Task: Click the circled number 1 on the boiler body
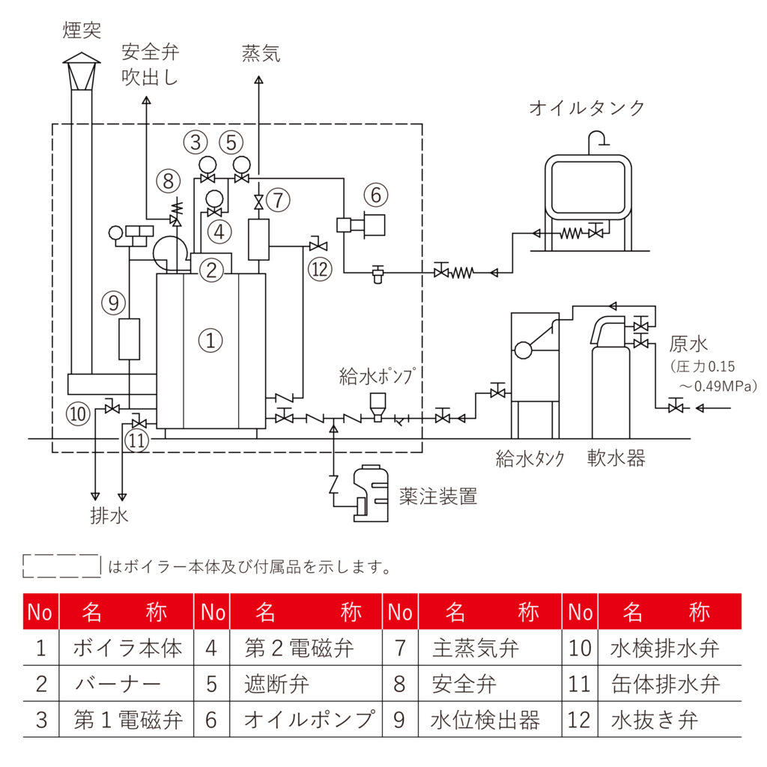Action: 210,340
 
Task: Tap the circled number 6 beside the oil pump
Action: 376,194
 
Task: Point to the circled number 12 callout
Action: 320,268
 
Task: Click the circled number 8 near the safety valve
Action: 169,180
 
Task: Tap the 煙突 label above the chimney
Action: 82,31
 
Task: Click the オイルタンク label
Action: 586,108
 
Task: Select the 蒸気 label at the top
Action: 261,54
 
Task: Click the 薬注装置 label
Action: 438,497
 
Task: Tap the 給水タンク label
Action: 530,458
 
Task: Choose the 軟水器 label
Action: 616,458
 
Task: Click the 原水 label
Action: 688,345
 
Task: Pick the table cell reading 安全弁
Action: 464,684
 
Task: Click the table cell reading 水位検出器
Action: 485,720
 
